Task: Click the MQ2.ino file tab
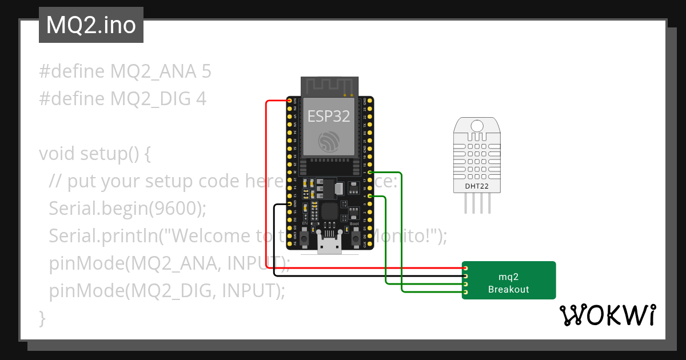click(91, 25)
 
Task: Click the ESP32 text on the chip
click(329, 117)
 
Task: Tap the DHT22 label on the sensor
click(476, 185)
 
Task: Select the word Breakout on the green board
click(508, 289)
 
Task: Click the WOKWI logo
click(607, 315)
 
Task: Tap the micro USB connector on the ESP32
click(329, 245)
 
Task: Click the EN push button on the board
click(304, 237)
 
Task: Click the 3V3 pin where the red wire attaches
click(289, 101)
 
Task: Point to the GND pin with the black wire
click(289, 204)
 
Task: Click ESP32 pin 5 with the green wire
click(370, 172)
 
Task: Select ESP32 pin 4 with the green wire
click(370, 197)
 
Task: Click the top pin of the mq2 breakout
click(466, 268)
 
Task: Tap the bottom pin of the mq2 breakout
click(466, 293)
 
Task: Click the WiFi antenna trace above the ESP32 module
click(329, 87)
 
